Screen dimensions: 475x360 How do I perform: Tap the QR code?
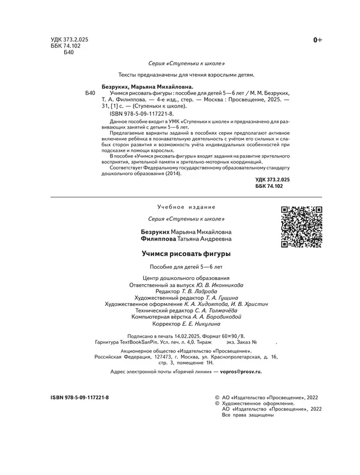point(302,227)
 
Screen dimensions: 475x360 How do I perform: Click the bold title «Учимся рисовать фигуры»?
point(186,254)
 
